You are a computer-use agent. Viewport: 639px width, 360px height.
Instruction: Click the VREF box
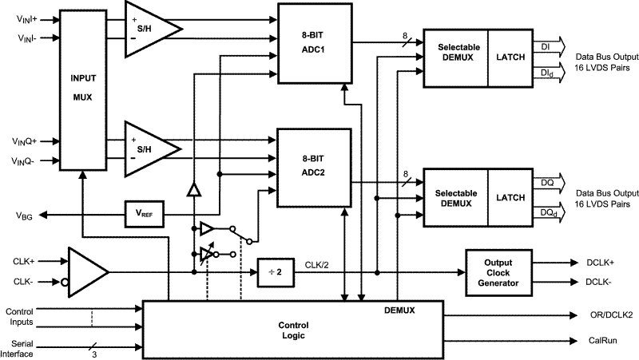[x=144, y=213]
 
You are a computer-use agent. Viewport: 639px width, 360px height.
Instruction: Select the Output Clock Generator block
[x=498, y=271]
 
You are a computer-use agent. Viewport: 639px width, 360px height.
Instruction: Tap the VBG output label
[x=24, y=216]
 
